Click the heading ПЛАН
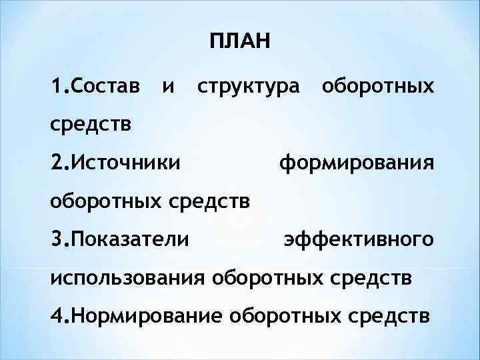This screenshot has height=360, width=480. point(239,44)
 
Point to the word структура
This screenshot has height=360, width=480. point(247,87)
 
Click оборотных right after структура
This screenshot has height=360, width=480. point(377,87)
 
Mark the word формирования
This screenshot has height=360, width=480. point(357,162)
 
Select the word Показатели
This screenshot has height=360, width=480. point(130,238)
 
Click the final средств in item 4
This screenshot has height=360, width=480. point(385,314)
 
